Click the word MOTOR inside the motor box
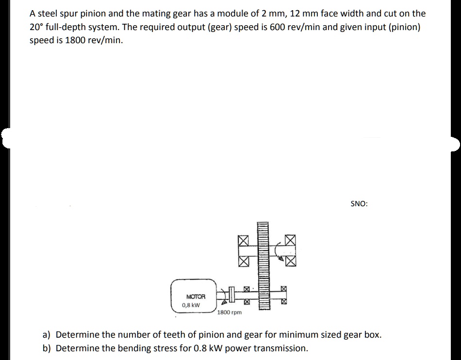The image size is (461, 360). [196, 296]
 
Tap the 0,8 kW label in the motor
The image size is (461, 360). [191, 305]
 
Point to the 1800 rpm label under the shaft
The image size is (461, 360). [230, 312]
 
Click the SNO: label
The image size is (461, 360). [359, 204]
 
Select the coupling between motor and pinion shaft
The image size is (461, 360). [231, 294]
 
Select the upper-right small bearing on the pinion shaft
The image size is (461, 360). [284, 289]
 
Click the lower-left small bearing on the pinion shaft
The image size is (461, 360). [247, 302]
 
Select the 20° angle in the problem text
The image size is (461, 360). [35, 27]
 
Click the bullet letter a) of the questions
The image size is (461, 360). [47, 334]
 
